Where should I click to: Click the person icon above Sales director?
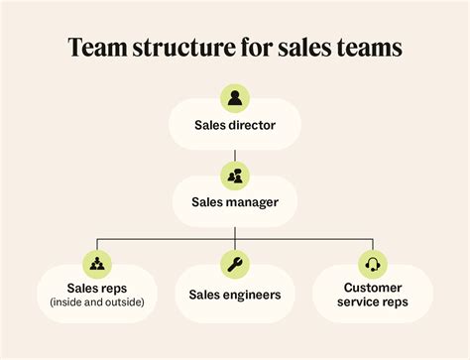pyautogui.click(x=235, y=98)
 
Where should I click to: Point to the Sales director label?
pyautogui.click(x=235, y=126)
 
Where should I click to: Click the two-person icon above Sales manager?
pyautogui.click(x=235, y=176)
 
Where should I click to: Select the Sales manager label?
pyautogui.click(x=235, y=203)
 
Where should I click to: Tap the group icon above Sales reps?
pyautogui.click(x=97, y=264)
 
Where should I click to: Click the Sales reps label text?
pyautogui.click(x=97, y=288)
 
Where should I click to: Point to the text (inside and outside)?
pyautogui.click(x=97, y=302)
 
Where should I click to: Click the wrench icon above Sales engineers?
pyautogui.click(x=235, y=264)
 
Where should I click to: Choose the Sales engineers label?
pyautogui.click(x=235, y=295)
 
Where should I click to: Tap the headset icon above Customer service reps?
pyautogui.click(x=373, y=264)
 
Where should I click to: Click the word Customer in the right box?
pyautogui.click(x=373, y=288)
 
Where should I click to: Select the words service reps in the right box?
pyautogui.click(x=373, y=302)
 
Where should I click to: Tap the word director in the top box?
pyautogui.click(x=252, y=126)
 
